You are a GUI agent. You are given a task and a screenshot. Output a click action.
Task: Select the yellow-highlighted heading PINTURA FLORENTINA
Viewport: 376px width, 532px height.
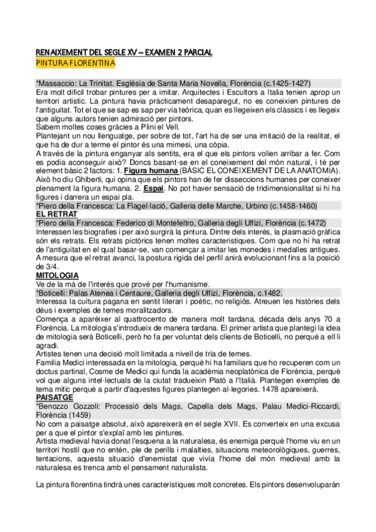75,63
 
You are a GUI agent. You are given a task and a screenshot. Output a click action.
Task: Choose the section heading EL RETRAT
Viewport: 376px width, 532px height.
55,213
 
